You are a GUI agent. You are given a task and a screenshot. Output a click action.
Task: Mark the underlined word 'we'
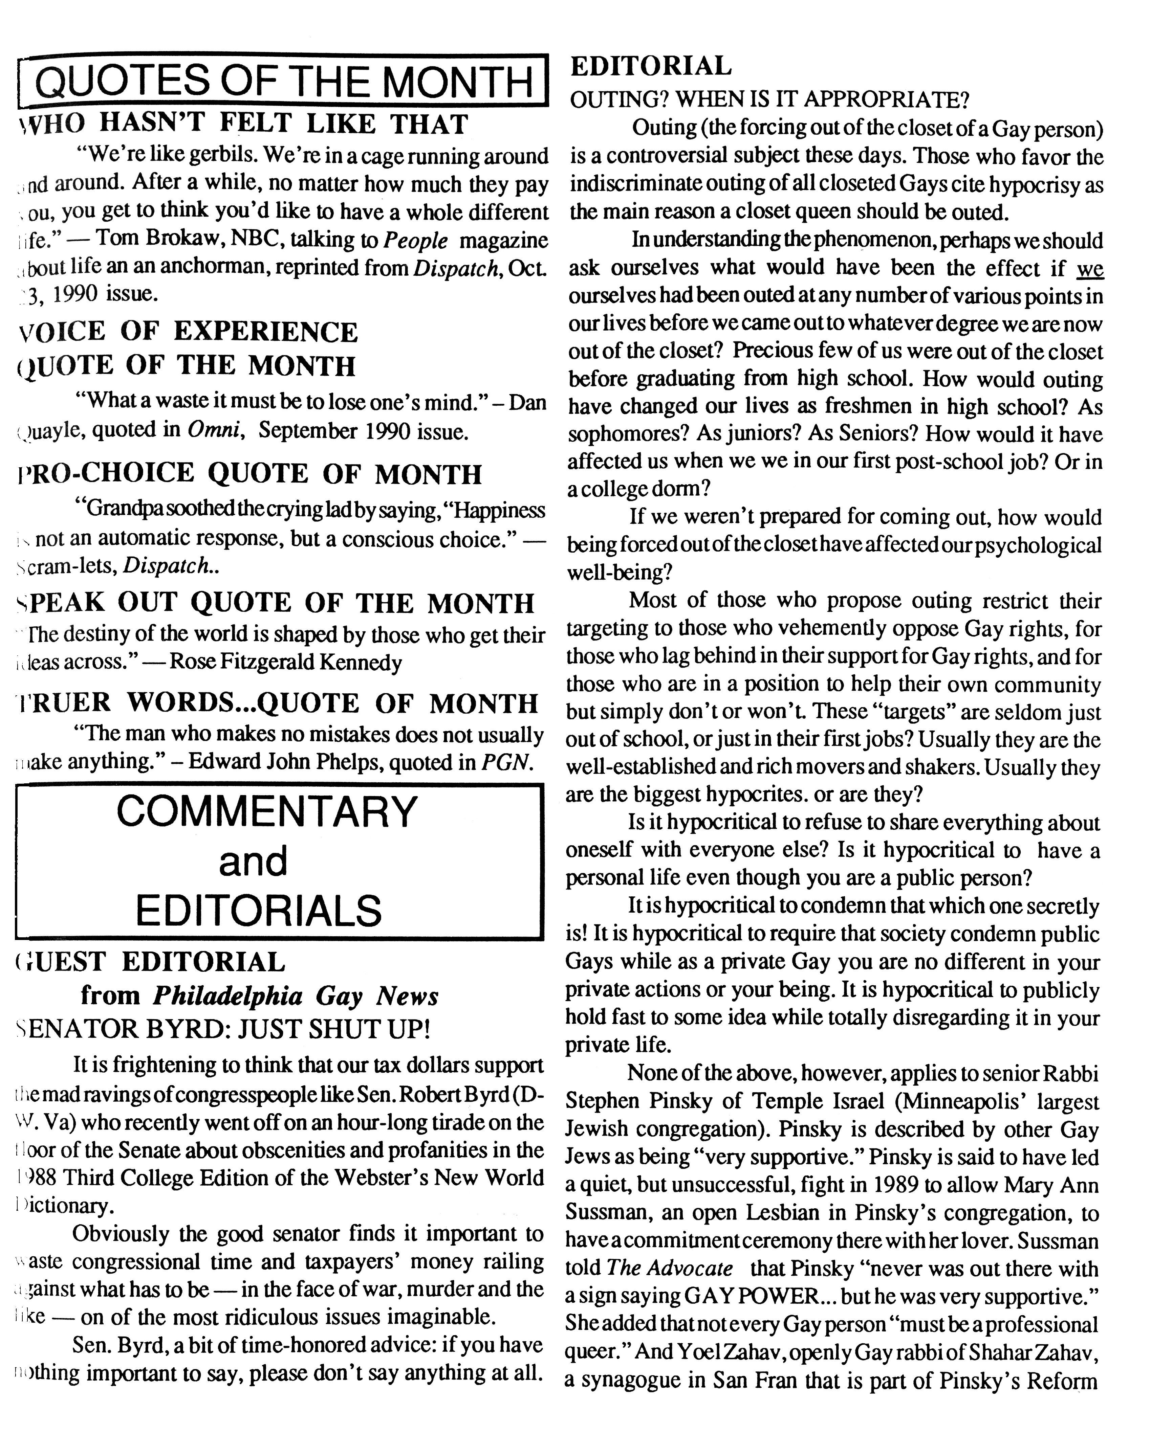pos(1090,268)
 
